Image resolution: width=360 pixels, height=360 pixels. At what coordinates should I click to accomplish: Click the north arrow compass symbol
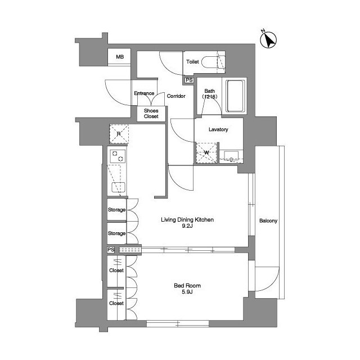(268, 39)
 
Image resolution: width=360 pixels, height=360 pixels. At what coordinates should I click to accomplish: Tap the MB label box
(119, 56)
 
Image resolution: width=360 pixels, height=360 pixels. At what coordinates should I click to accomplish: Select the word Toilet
(192, 61)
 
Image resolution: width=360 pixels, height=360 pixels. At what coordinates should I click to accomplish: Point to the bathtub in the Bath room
(235, 96)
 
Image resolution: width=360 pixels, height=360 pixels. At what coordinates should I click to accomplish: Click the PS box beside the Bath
(189, 80)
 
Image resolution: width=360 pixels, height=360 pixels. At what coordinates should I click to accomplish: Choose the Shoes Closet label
(151, 114)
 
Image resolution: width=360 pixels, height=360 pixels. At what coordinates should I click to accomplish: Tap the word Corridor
(176, 96)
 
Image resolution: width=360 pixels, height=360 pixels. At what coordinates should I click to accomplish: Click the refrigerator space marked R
(119, 134)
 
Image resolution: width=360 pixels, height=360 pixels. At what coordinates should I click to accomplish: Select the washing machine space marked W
(206, 152)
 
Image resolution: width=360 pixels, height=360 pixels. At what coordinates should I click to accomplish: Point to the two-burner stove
(118, 156)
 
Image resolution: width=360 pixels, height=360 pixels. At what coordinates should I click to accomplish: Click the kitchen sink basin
(119, 187)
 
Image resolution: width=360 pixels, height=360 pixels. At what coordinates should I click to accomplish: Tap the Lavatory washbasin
(231, 155)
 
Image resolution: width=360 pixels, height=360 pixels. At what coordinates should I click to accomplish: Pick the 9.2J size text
(187, 226)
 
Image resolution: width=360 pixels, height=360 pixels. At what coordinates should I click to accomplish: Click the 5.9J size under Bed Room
(187, 292)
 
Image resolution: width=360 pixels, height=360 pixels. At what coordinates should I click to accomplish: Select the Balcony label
(268, 220)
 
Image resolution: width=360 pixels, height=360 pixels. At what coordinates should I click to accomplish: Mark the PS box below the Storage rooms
(111, 250)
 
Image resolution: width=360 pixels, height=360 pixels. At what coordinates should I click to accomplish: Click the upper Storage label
(116, 210)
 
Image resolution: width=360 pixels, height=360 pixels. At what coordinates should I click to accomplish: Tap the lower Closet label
(116, 303)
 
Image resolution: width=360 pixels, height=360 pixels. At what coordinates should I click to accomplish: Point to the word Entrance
(144, 93)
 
